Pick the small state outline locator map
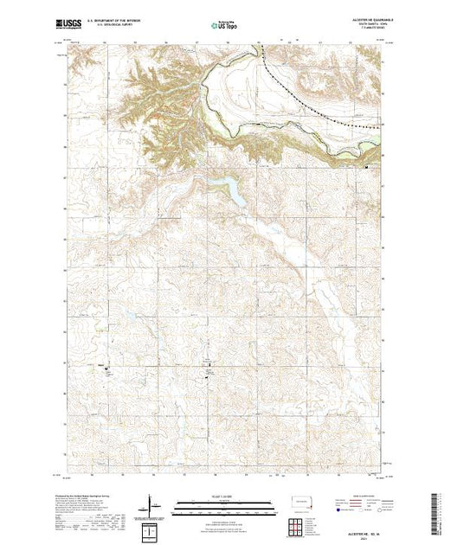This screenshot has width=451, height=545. pyautogui.click(x=300, y=501)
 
